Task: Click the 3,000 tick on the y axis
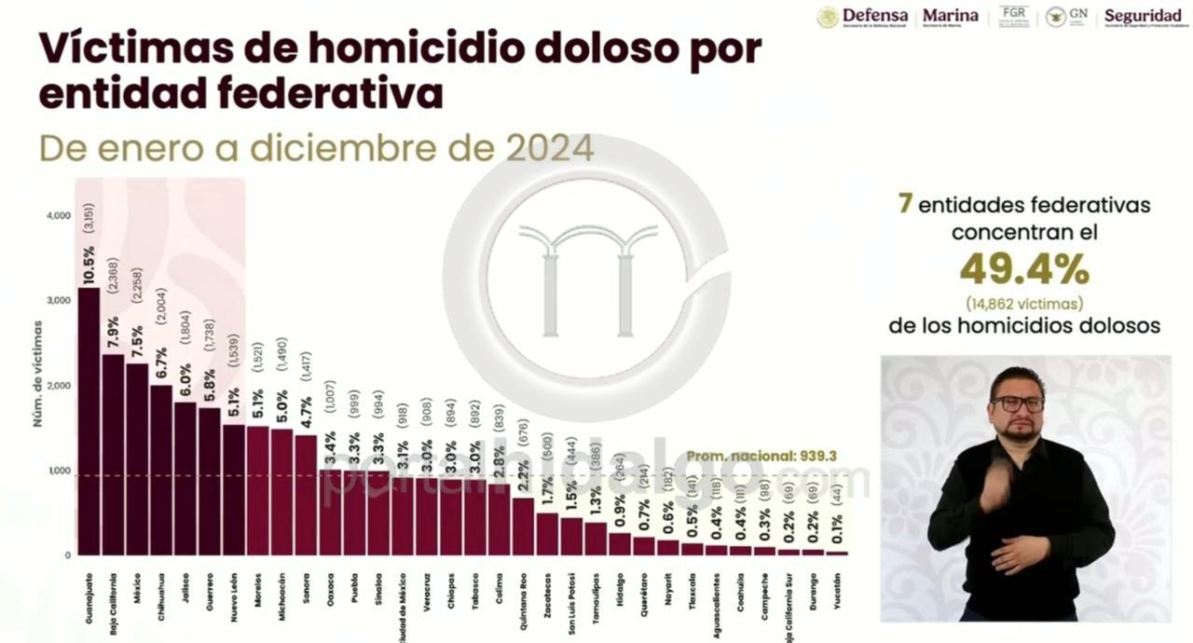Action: (x=59, y=301)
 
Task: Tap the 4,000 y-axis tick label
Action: (x=59, y=215)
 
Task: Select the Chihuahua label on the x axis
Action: (x=161, y=587)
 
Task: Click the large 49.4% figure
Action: (x=1024, y=270)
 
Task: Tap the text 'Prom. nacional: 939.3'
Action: (x=761, y=457)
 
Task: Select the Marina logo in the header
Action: (x=950, y=17)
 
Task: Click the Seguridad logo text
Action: (x=1143, y=17)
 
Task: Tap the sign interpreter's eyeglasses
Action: (x=1018, y=404)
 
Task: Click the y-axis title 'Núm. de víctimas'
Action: (x=38, y=373)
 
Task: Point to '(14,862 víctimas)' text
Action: (x=1024, y=303)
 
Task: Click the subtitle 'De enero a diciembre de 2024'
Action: (x=316, y=147)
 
